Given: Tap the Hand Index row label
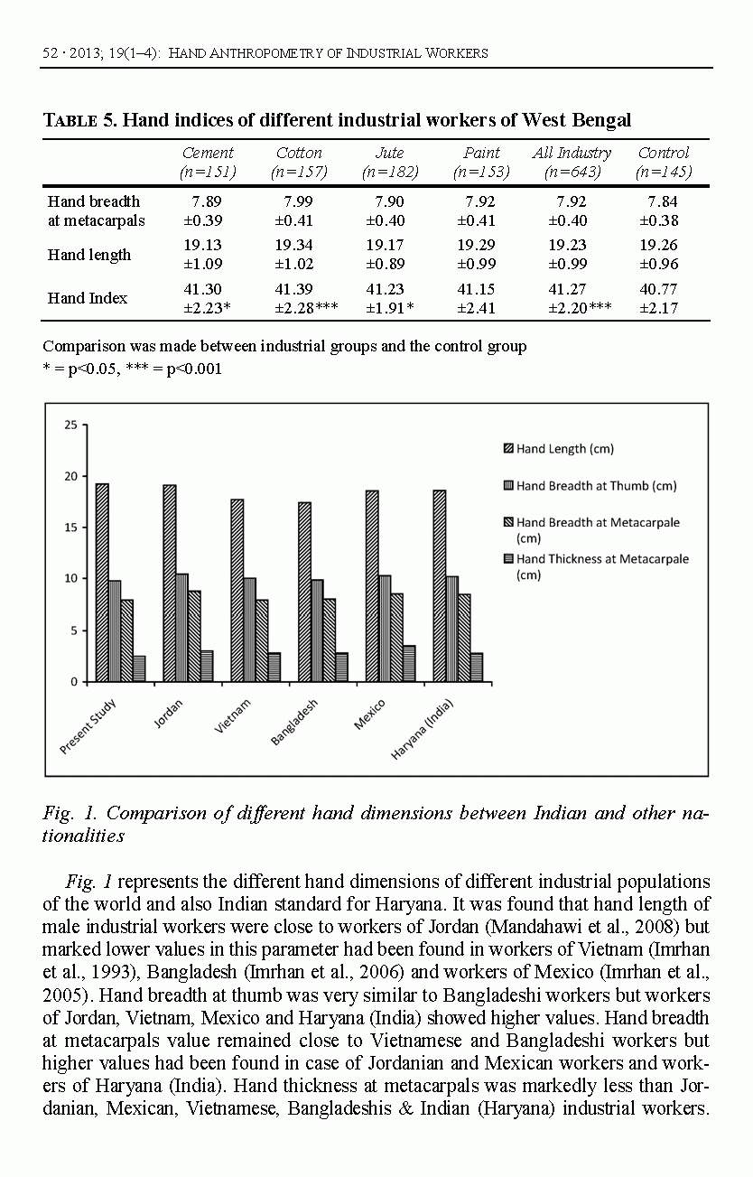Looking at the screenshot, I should click(x=88, y=298).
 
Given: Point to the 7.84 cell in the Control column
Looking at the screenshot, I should click(x=663, y=201).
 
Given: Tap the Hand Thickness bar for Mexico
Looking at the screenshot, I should click(x=409, y=663).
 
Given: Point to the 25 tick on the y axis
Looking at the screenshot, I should click(x=70, y=424).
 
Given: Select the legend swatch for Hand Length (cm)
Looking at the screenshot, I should click(x=507, y=448).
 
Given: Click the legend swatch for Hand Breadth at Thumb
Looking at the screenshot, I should click(x=507, y=486).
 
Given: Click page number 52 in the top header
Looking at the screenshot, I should click(x=51, y=53).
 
